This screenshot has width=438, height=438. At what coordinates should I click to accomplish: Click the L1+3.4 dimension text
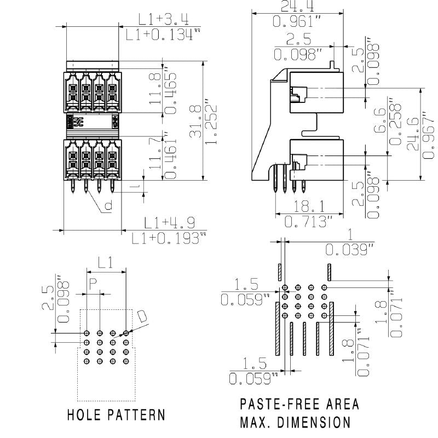tap(163, 20)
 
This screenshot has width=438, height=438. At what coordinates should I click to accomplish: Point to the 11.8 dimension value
tap(156, 89)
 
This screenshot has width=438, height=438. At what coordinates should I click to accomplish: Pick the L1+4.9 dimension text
tap(170, 223)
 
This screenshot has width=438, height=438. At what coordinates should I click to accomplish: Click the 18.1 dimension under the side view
tap(309, 206)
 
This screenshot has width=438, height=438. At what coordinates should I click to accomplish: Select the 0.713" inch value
tap(309, 222)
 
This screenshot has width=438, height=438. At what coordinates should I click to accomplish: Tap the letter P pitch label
tap(93, 284)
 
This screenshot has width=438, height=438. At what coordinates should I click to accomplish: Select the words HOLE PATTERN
tap(116, 414)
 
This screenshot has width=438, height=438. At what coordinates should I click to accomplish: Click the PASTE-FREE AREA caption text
tap(299, 405)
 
